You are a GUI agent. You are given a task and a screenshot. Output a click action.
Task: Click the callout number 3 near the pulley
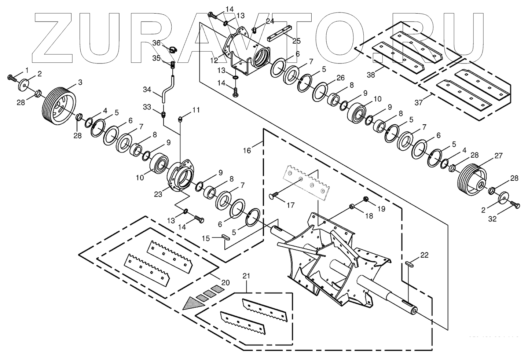tap(80, 82)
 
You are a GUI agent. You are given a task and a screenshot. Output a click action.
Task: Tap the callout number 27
tap(498, 155)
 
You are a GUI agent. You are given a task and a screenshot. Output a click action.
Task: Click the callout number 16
tap(247, 150)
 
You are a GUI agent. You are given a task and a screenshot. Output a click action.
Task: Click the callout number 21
tap(246, 275)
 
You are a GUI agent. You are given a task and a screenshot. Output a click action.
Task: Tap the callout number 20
tap(225, 282)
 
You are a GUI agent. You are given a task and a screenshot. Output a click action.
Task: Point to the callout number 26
tap(340, 78)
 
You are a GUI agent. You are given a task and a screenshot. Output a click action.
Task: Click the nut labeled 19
tap(366, 199)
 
